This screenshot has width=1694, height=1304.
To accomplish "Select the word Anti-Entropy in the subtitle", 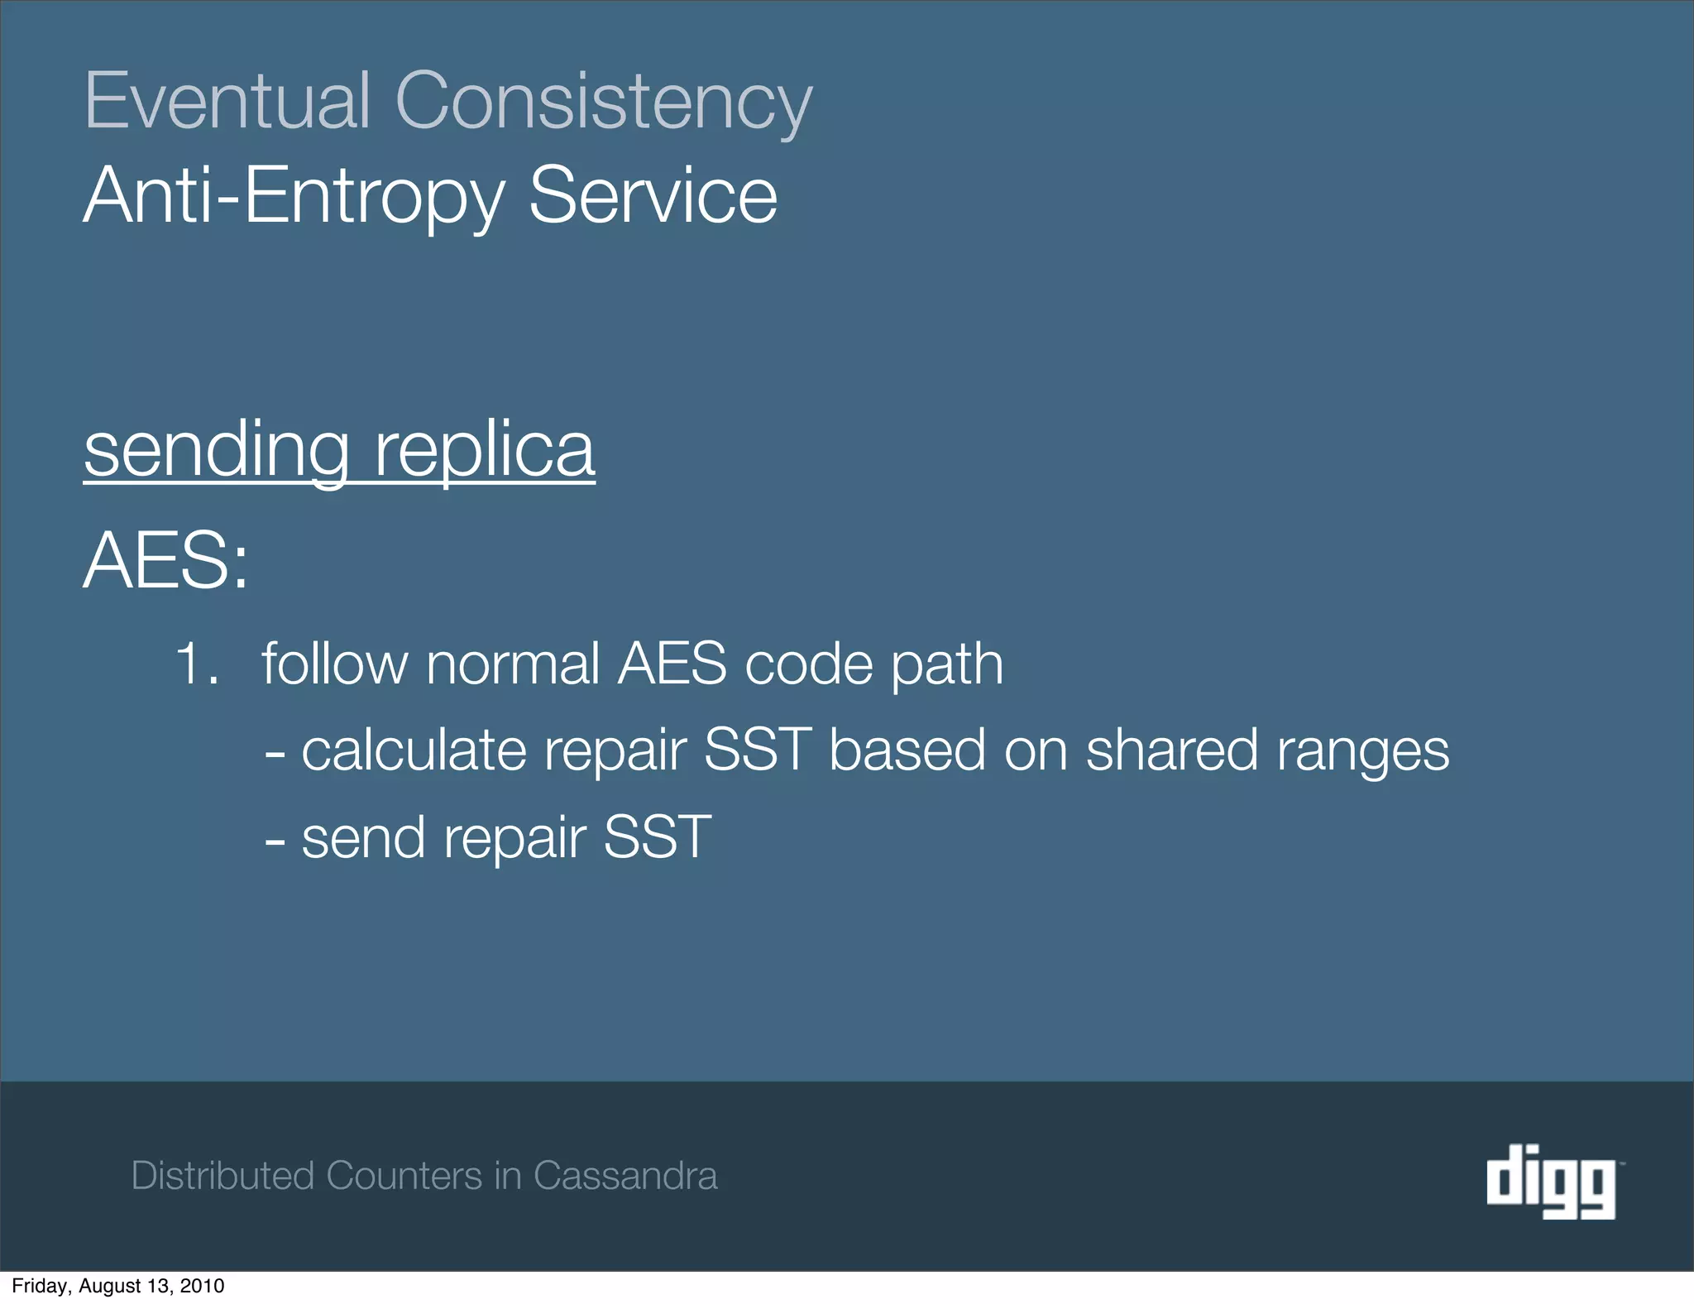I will [294, 197].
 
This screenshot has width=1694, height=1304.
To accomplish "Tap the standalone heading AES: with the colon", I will [166, 561].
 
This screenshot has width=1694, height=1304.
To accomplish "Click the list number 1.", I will [197, 664].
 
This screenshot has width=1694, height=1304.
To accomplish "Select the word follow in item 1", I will [334, 664].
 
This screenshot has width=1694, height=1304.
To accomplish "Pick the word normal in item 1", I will [513, 664].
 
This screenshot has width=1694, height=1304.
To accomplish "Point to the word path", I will [947, 665].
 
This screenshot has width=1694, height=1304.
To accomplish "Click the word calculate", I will [414, 750].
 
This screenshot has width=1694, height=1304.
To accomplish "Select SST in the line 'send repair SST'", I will [658, 837].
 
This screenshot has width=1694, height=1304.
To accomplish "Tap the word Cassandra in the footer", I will [625, 1176].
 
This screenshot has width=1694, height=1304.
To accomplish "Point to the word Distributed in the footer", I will [223, 1176].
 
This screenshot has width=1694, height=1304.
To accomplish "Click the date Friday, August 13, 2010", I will [118, 1286].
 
